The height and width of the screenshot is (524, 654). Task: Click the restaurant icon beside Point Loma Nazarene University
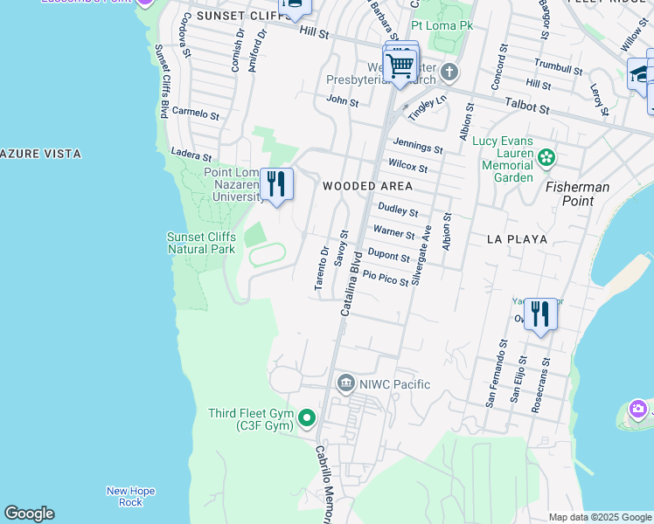(x=276, y=184)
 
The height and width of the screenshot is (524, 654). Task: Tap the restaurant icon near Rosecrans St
(x=540, y=314)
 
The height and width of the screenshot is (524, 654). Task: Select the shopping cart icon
(x=400, y=65)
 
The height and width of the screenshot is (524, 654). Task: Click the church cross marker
(x=449, y=71)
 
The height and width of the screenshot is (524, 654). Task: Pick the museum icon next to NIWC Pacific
(x=346, y=383)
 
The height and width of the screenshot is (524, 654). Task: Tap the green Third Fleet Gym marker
(x=306, y=419)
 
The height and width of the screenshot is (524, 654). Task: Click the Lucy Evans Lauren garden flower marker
(x=546, y=158)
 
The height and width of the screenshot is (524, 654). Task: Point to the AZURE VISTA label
(x=41, y=154)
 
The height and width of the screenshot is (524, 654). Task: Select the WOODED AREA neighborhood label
(x=367, y=186)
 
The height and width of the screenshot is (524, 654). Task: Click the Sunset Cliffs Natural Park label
(x=202, y=243)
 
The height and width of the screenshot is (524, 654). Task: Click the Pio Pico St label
(x=386, y=278)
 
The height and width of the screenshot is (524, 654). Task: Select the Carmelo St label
(x=196, y=113)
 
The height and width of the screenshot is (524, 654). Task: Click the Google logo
(x=29, y=514)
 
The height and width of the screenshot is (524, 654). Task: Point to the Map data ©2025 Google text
(x=599, y=517)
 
